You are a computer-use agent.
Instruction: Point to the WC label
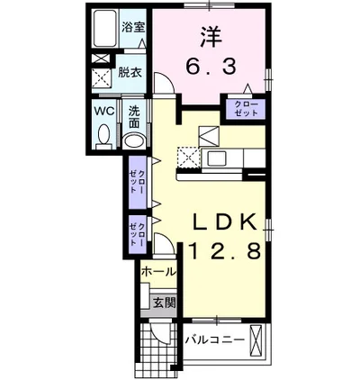coord(103,113)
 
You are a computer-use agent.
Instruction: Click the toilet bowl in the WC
coord(103,137)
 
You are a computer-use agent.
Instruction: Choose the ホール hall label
coord(158,270)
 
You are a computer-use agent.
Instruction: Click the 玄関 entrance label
coord(163,303)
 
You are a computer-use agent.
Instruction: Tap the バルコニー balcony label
coord(215,340)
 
